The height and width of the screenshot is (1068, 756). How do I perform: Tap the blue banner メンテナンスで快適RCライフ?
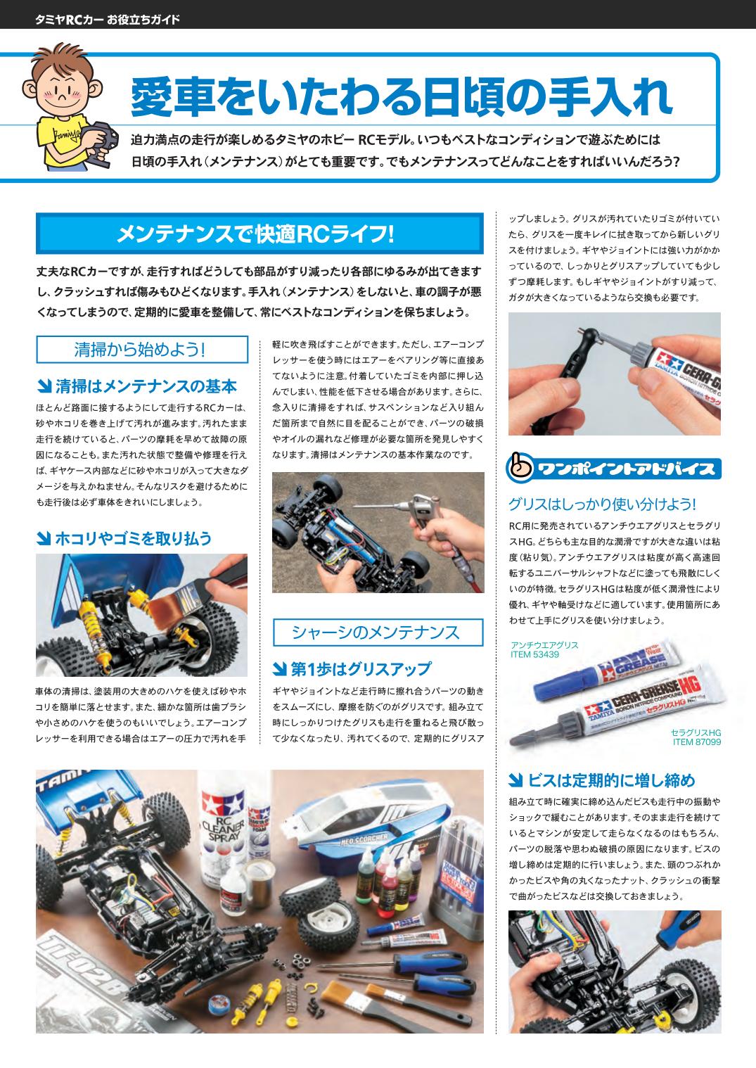click(x=260, y=235)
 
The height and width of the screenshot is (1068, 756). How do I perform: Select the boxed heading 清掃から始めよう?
click(x=141, y=349)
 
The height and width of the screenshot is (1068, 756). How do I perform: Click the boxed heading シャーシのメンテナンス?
click(x=378, y=632)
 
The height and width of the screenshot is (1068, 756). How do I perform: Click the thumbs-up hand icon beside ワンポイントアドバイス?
click(x=518, y=470)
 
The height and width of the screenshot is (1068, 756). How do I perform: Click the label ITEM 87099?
click(x=696, y=742)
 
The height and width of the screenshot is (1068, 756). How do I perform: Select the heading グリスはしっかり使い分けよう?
click(x=602, y=504)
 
